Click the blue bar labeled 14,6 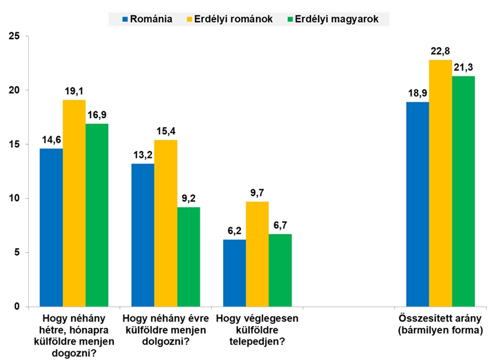point(51,227)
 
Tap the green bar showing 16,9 point(97,215)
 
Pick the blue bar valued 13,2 point(143,235)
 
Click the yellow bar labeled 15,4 point(166,223)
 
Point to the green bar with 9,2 point(188,257)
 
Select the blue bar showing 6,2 point(235,273)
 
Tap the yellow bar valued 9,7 point(257,254)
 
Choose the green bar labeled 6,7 point(280,270)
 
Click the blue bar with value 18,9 point(417,204)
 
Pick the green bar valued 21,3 point(463,191)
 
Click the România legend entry point(147,19)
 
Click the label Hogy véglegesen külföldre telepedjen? point(257,330)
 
